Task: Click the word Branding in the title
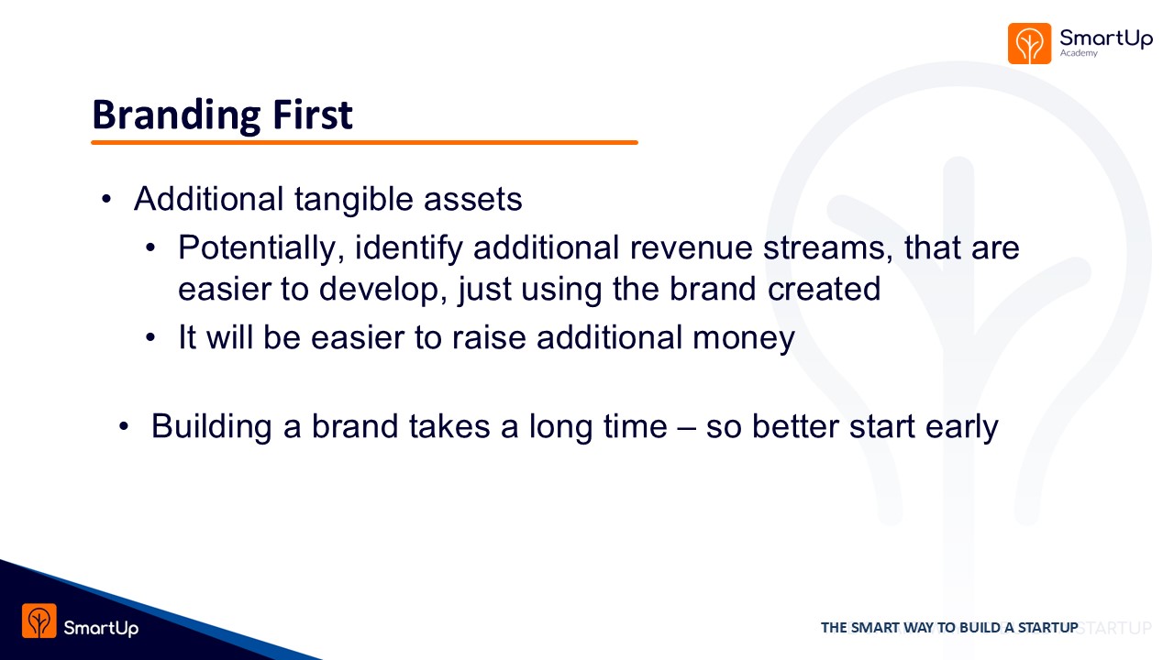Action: click(176, 115)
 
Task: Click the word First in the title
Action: click(313, 115)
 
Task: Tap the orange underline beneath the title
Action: click(364, 142)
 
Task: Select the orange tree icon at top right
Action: click(1029, 43)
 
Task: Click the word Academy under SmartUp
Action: click(1079, 53)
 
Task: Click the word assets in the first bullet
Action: click(472, 200)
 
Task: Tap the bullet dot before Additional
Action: click(106, 199)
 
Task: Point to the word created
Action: click(824, 289)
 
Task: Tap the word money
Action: click(744, 338)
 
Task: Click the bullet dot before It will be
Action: click(150, 337)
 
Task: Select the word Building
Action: click(212, 427)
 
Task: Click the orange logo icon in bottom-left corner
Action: click(39, 621)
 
